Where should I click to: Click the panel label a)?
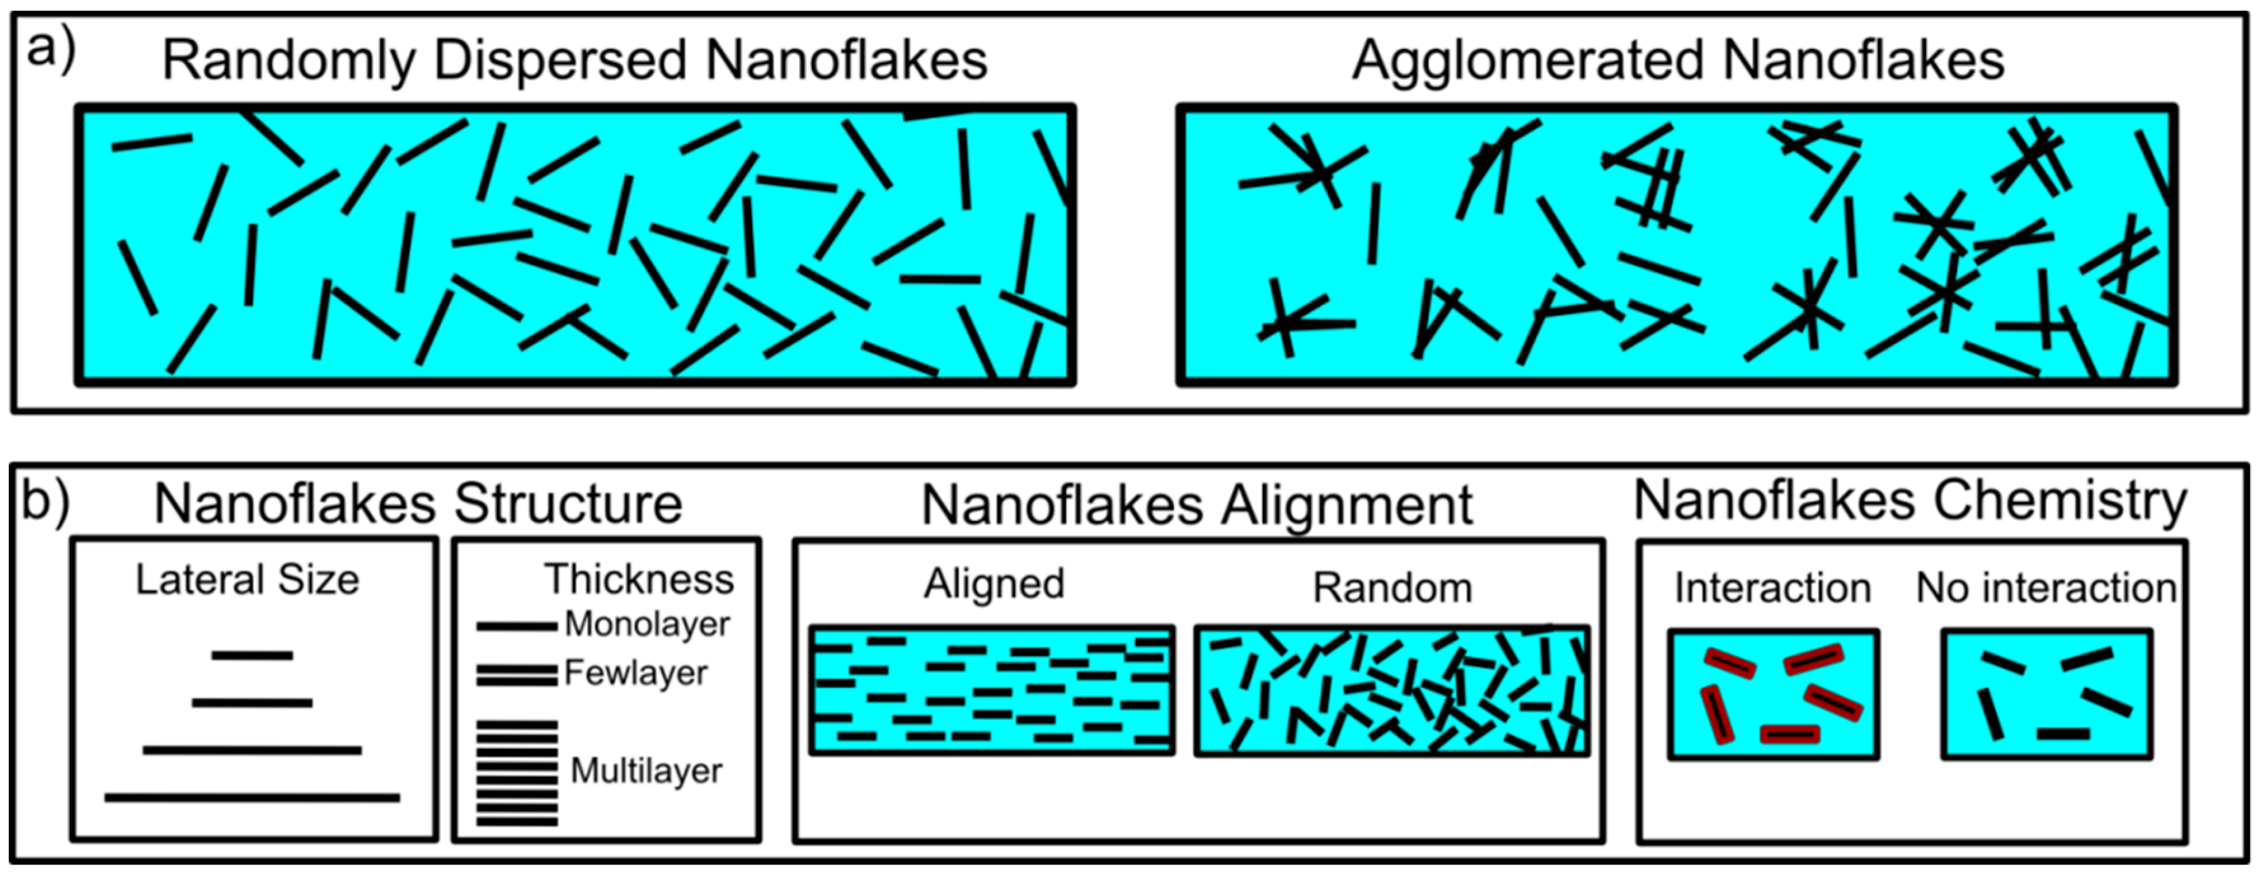[51, 51]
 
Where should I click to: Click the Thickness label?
[638, 579]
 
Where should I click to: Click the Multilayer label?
[646, 770]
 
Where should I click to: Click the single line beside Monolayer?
[516, 627]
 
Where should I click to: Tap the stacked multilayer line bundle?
[516, 773]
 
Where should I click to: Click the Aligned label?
[994, 584]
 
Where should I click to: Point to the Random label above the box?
[1392, 588]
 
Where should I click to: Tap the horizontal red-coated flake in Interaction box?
[1789, 734]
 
